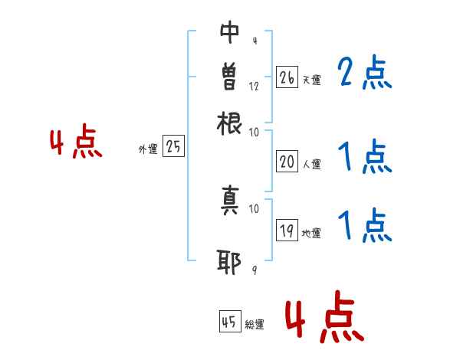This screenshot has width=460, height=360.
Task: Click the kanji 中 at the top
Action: coord(230,33)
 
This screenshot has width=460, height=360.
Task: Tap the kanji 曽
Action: coord(230,77)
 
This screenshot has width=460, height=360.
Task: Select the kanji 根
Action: coord(230,123)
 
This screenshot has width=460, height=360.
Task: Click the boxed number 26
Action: coord(286,77)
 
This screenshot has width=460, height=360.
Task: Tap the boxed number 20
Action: coord(286,162)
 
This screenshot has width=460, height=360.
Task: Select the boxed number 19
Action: coord(286,231)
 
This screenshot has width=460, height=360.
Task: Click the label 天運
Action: coord(310,80)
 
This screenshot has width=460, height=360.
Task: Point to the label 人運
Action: coord(310,164)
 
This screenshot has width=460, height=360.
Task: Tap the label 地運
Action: coord(310,234)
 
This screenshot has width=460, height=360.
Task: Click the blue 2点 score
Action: coord(364,74)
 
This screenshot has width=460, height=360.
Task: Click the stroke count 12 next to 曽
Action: coord(254,86)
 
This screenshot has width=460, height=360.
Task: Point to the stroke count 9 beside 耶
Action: coord(254,270)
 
